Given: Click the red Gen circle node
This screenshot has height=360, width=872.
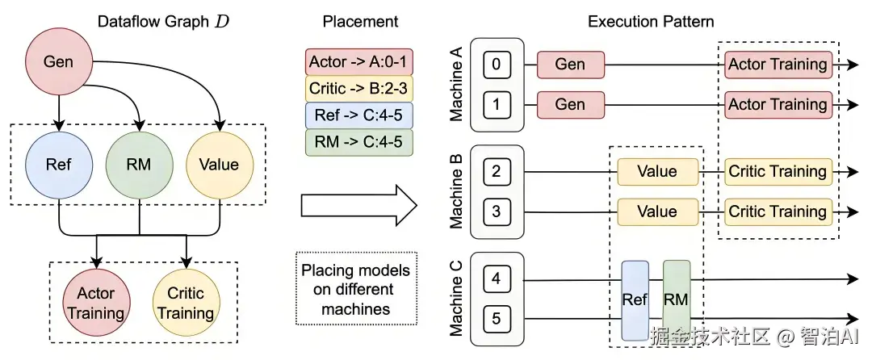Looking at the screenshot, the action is coord(58,61).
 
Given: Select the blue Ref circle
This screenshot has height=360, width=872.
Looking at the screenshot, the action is coord(58,165).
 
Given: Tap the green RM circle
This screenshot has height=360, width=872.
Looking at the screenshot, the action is coord(139,165).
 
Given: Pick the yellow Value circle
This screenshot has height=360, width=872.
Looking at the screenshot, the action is coord(219,165).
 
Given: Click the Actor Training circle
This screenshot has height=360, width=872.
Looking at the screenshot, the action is coord(96,303).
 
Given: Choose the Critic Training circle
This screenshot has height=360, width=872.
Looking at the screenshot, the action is coord(187,303).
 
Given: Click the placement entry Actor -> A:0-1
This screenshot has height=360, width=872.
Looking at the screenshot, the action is coord(359,61).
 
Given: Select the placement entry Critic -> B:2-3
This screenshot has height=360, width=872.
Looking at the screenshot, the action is coord(359,88).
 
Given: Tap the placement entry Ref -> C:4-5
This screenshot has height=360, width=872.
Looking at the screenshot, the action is coord(359,115).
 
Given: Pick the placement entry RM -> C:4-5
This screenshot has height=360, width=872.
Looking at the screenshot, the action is coord(359,142).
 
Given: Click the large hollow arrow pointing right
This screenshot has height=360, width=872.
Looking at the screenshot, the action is coord(358,206).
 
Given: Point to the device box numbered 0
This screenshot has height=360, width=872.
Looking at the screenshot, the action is coord(497,65).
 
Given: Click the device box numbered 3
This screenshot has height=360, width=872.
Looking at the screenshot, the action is coord(497,211).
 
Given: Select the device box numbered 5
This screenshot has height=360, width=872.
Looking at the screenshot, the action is coord(497,319).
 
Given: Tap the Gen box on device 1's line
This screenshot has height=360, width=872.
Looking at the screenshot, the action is coord(571,104).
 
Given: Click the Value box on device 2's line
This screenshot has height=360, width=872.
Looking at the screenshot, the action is coord(657,172).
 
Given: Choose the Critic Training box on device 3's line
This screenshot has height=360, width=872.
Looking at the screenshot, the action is coord(778,211).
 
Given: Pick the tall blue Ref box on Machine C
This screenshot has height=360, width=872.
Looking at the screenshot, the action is coord(635,300).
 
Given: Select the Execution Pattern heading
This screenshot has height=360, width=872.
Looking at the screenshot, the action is coord(651,22).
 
